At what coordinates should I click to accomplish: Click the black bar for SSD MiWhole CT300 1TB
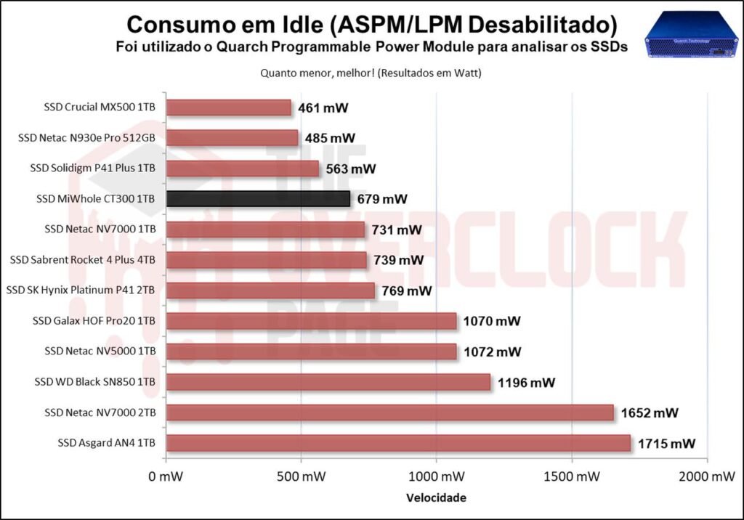click(x=258, y=199)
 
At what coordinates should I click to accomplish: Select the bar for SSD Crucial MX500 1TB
click(x=228, y=107)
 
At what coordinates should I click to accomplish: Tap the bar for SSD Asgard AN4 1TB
click(x=398, y=443)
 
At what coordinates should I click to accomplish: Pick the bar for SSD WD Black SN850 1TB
click(x=328, y=382)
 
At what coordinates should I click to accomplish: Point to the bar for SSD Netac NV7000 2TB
click(x=390, y=413)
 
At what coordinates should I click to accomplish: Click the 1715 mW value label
click(x=667, y=443)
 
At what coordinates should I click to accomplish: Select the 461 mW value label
click(x=323, y=108)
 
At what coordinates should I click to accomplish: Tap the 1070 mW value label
click(x=493, y=321)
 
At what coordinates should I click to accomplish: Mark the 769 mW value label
click(x=407, y=291)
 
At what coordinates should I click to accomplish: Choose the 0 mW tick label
click(x=166, y=477)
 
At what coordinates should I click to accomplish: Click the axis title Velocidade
click(x=436, y=498)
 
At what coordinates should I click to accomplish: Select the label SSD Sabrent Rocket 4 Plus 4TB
click(x=83, y=260)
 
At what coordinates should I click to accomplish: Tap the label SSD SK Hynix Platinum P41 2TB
click(x=81, y=291)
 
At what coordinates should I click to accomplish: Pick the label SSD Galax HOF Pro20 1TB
click(x=94, y=321)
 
